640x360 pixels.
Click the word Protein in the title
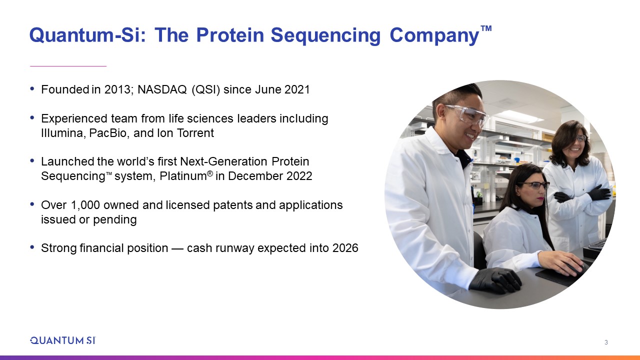(x=230, y=35)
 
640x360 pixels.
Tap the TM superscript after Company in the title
(x=486, y=28)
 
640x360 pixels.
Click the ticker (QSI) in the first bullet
(x=205, y=89)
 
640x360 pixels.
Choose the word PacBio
(x=107, y=133)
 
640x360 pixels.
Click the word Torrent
(x=195, y=133)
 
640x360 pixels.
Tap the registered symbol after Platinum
(x=210, y=173)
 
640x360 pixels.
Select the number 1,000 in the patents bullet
(x=85, y=205)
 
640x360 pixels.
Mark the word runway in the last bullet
(x=234, y=248)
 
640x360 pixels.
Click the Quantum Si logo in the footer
(x=63, y=340)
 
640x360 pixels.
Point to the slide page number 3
(x=606, y=342)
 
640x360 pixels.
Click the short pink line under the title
(x=68, y=66)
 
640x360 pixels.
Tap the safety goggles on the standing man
(x=467, y=114)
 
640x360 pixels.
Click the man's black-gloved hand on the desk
(x=495, y=280)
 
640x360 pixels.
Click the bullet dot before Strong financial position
(x=32, y=246)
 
